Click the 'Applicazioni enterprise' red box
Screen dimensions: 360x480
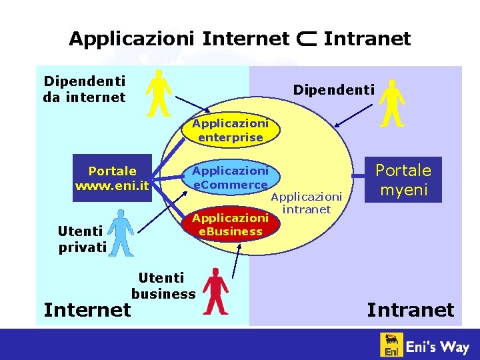pyautogui.click(x=230, y=130)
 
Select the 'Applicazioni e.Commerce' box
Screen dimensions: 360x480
pyautogui.click(x=230, y=177)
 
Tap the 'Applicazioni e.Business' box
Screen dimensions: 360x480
pyautogui.click(x=230, y=225)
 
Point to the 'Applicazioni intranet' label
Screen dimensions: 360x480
pyautogui.click(x=306, y=203)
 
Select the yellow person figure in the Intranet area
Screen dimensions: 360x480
pyautogui.click(x=391, y=103)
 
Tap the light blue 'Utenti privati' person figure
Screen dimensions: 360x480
pyautogui.click(x=121, y=232)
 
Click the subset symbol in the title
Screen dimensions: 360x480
pyautogui.click(x=306, y=39)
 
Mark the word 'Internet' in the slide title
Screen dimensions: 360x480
pyautogui.click(x=245, y=39)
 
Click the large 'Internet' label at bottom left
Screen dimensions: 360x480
pyautogui.click(x=87, y=309)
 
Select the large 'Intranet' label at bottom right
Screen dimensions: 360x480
pyautogui.click(x=410, y=309)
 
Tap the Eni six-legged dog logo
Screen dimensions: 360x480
pyautogui.click(x=392, y=345)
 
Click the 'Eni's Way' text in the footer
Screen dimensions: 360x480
pyautogui.click(x=438, y=346)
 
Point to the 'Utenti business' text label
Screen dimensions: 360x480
pyautogui.click(x=163, y=285)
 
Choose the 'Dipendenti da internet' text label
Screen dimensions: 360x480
pyautogui.click(x=85, y=89)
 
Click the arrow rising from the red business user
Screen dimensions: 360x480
pyautogui.click(x=236, y=260)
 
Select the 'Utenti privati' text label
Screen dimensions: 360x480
pyautogui.click(x=82, y=239)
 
